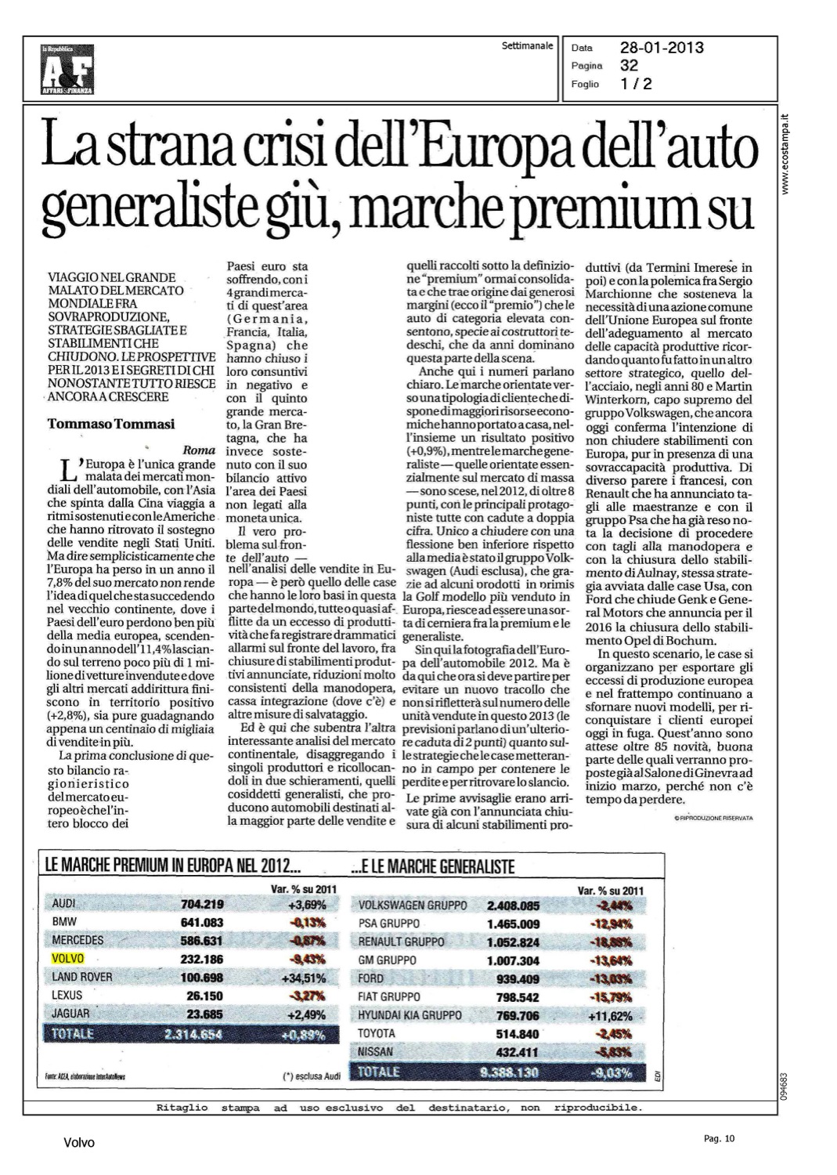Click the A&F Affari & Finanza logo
coord(68,70)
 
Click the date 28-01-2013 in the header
coord(662,49)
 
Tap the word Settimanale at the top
coord(527,46)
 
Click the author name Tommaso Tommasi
coord(111,424)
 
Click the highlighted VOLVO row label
coord(67,957)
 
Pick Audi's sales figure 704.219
coord(202,903)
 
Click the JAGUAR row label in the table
coord(71,1014)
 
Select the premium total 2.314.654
coord(194,1034)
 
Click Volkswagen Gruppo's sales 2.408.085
coord(513,906)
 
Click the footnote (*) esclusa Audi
coord(308,1076)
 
